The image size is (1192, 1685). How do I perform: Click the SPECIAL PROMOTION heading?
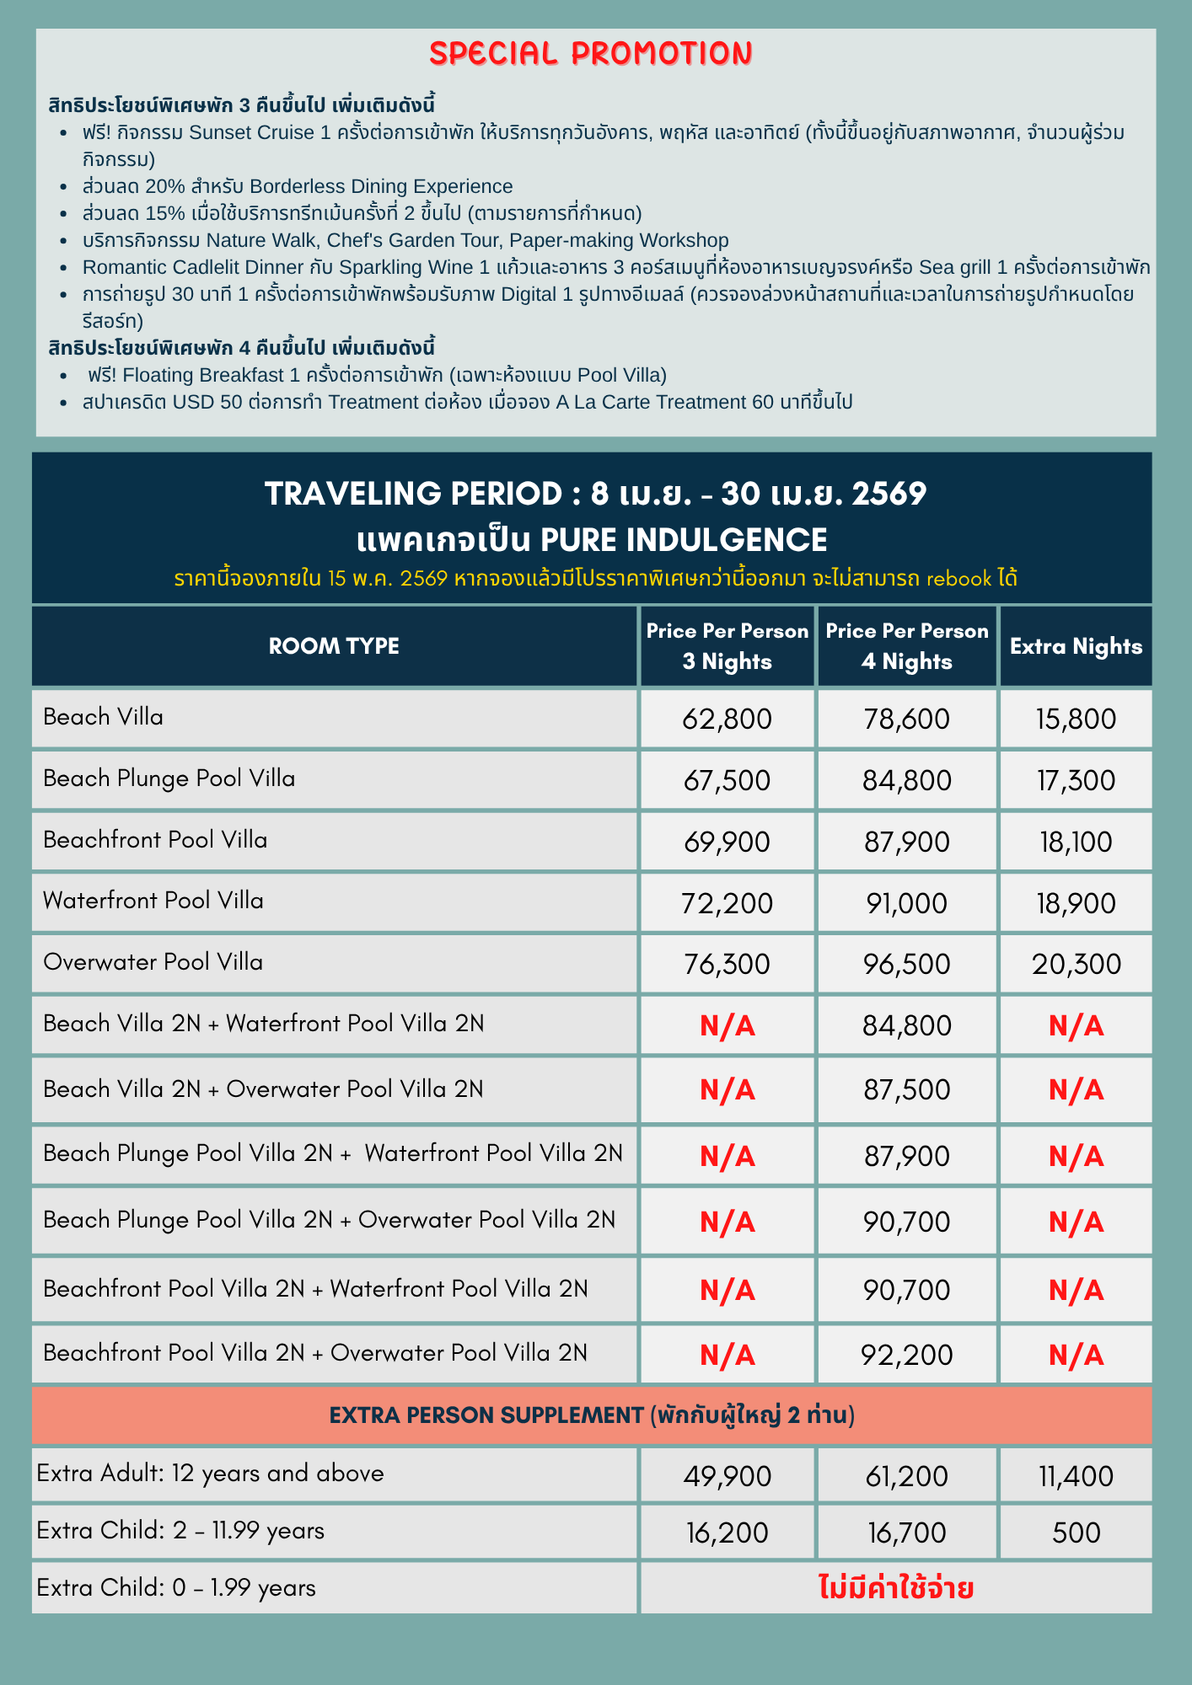pos(591,54)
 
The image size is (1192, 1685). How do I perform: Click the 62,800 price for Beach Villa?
pos(727,719)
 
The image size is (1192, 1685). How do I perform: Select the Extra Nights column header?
pos(1076,646)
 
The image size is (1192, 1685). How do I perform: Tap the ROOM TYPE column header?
pos(334,646)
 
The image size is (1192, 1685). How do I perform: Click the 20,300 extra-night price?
pos(1076,964)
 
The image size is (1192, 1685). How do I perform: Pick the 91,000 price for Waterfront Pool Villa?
pos(906,903)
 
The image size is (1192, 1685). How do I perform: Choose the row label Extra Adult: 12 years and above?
pos(211,1473)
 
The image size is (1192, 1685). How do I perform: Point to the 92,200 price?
pos(906,1355)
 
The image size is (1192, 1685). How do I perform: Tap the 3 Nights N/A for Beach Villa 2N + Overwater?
pos(727,1090)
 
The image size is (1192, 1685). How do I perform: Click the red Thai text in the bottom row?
pos(896,1588)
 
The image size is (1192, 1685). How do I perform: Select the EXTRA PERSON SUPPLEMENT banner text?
pos(592,1415)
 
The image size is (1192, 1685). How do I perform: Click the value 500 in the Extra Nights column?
pos(1076,1532)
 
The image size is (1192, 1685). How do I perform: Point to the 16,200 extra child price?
pos(727,1532)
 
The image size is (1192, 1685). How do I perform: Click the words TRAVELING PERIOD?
pos(412,494)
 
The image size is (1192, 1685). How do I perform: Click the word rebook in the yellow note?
pos(958,579)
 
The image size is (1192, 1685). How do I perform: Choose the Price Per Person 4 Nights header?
pos(906,646)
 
